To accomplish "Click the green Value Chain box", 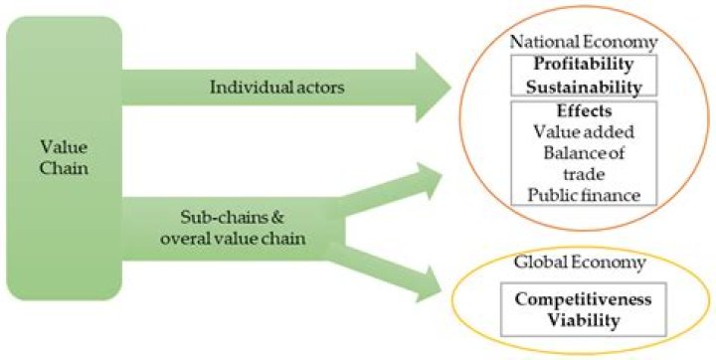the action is (64, 158).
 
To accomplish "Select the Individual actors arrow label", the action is (276, 87).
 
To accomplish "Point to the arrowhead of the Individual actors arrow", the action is (433, 87).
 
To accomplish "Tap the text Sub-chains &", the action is (232, 217).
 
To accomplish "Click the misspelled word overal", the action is (186, 238).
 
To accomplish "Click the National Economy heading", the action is (584, 42).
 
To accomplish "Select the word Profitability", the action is (584, 64).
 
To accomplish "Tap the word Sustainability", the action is (584, 87).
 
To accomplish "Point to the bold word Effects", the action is (584, 111).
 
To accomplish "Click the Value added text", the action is (584, 132).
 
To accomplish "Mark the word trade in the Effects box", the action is (584, 174).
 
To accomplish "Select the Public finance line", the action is (584, 196).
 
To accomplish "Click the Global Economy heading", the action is (580, 263).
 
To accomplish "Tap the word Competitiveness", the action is (583, 299).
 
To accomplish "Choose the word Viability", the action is (583, 320).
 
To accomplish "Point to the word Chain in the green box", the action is (64, 169).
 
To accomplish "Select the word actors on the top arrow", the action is (318, 88).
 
